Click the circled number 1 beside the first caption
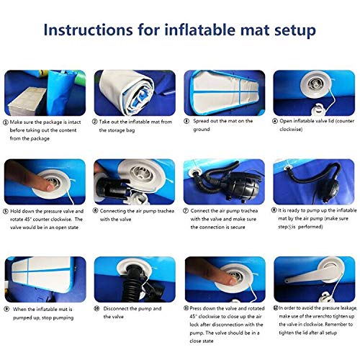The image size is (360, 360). [x=6, y=122]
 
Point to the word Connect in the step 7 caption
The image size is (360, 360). [x=203, y=211]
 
